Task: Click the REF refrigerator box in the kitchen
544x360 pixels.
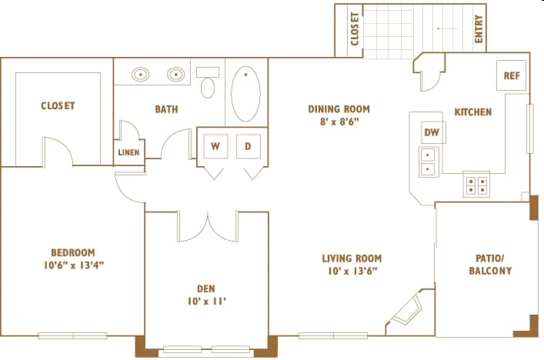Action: click(x=512, y=75)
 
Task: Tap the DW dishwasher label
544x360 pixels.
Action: click(x=432, y=132)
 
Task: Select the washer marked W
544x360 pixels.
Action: click(x=215, y=146)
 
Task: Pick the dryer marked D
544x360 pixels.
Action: click(x=249, y=146)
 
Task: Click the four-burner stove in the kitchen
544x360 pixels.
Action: click(x=477, y=185)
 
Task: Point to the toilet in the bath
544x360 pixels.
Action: click(x=208, y=82)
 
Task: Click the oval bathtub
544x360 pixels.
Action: click(x=246, y=94)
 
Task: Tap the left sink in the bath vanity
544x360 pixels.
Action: click(x=141, y=74)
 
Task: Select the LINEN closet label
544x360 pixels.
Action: click(x=128, y=152)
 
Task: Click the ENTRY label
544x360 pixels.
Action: click(x=479, y=28)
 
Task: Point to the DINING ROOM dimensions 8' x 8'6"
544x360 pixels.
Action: click(x=339, y=122)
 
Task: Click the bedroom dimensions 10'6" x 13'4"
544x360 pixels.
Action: click(x=74, y=265)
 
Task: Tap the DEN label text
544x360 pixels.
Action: click(x=206, y=288)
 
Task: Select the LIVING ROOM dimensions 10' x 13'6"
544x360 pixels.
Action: click(x=352, y=271)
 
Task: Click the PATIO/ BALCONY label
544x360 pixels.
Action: click(x=490, y=265)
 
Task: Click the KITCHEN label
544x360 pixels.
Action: click(x=473, y=112)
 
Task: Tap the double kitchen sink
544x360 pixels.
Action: click(x=429, y=162)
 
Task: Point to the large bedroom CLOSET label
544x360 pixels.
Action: click(x=58, y=105)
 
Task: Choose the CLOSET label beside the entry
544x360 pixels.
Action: click(x=355, y=29)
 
